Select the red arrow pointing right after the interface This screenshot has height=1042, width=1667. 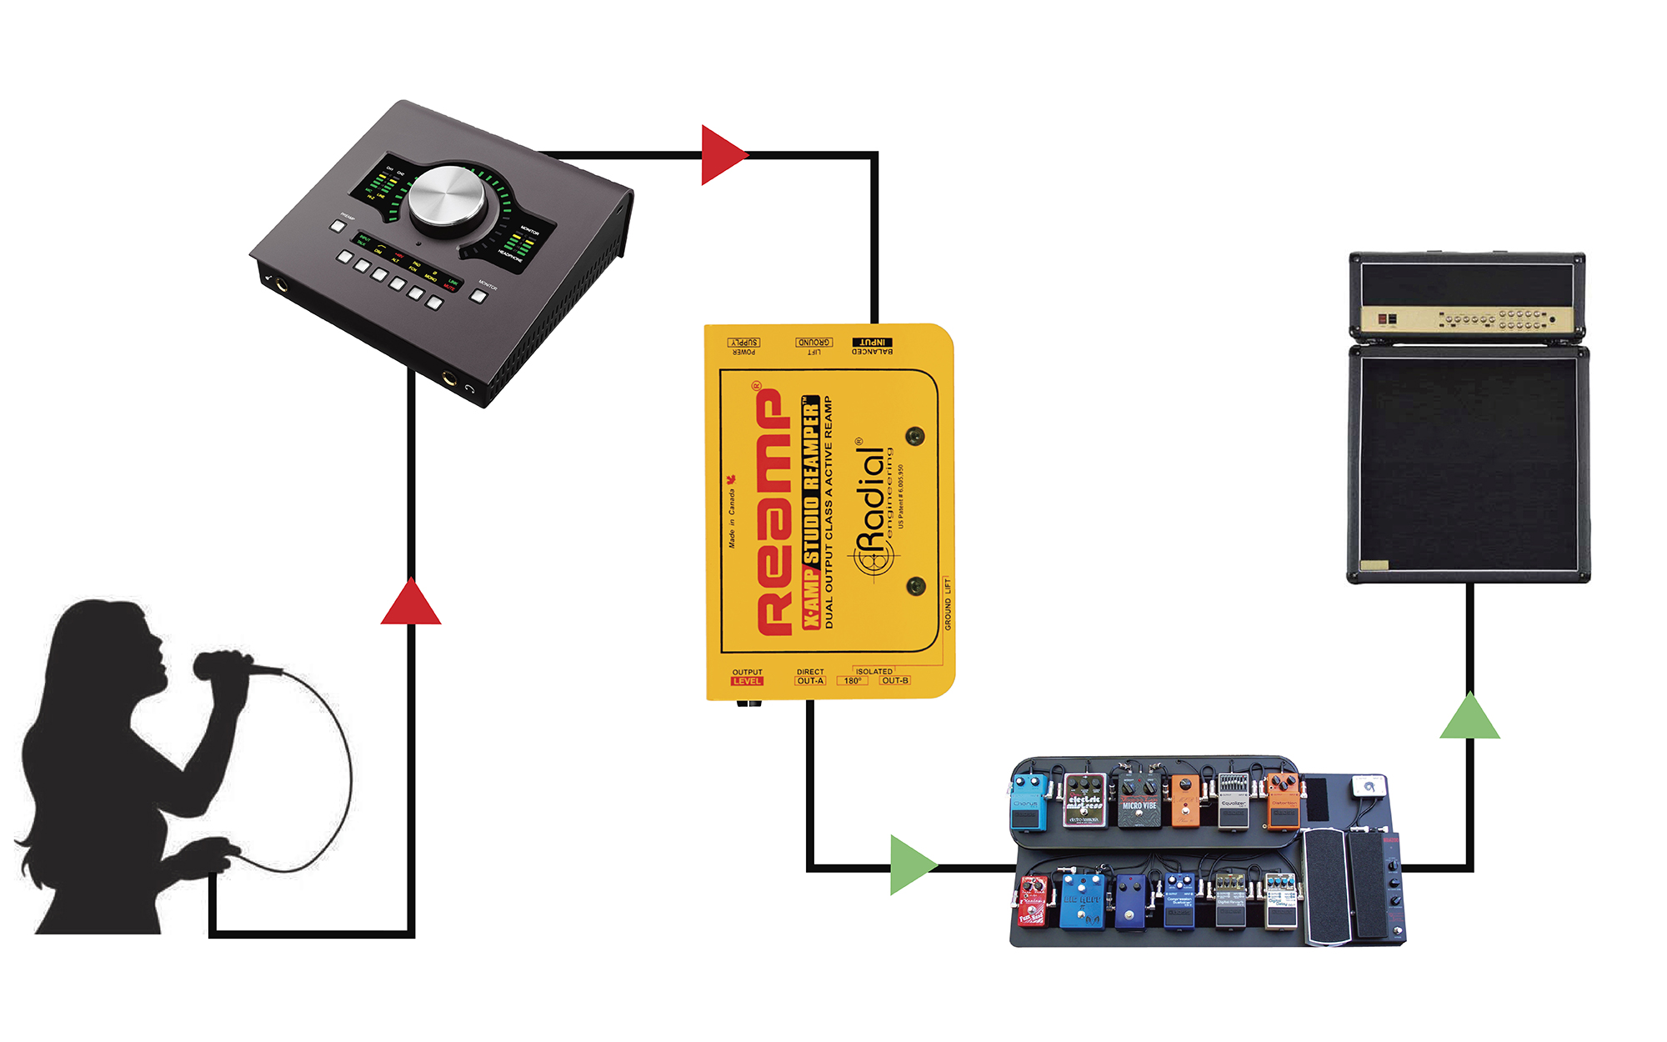click(722, 155)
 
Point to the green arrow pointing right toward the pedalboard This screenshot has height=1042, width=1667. click(911, 865)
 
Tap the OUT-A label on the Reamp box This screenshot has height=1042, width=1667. click(810, 681)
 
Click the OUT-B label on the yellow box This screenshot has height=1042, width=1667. click(894, 681)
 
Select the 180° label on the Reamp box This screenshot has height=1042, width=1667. click(852, 681)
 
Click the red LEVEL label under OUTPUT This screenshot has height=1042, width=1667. click(747, 681)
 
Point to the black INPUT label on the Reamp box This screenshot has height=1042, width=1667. click(872, 343)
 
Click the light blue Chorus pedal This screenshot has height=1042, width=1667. click(1028, 803)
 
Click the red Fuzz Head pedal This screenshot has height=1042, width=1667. click(1033, 903)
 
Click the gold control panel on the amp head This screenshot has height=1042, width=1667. click(1467, 318)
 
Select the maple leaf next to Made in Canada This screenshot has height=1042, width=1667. click(731, 479)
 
